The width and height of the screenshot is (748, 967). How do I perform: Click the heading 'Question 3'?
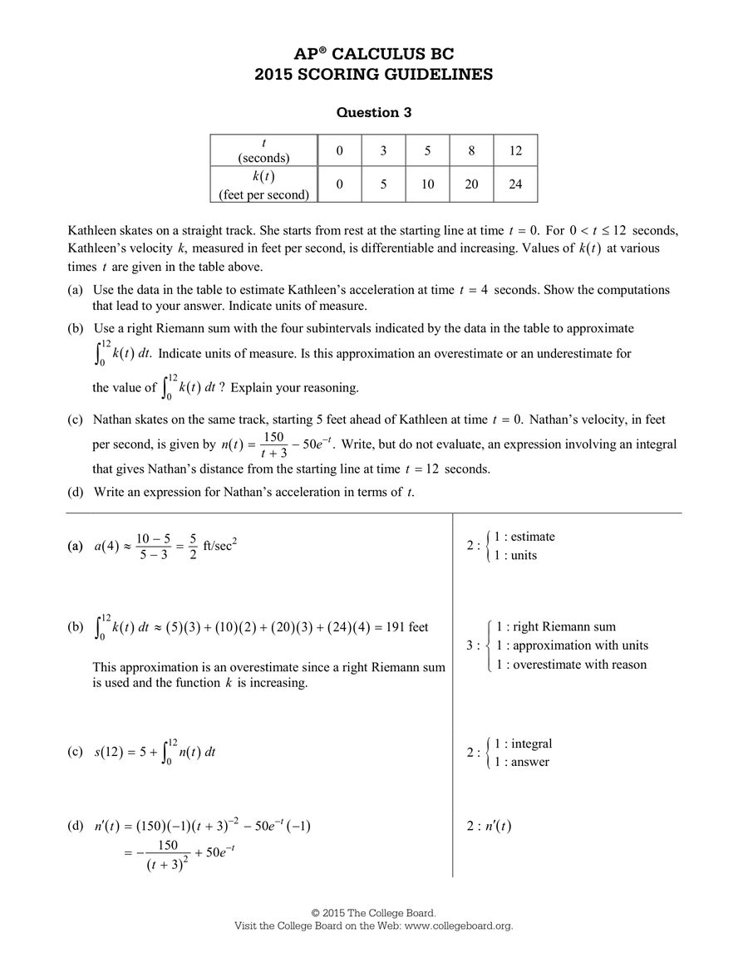pyautogui.click(x=373, y=112)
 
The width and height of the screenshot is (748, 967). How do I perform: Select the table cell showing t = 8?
pyautogui.click(x=471, y=150)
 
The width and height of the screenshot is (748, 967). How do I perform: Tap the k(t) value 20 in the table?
pyautogui.click(x=471, y=184)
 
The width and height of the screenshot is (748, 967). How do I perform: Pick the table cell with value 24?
pyautogui.click(x=515, y=184)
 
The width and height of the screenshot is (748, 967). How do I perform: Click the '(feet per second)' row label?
pyautogui.click(x=263, y=195)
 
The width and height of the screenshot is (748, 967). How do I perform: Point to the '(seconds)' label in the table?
pyautogui.click(x=263, y=158)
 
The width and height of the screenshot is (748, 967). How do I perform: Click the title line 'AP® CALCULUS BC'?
pyautogui.click(x=373, y=54)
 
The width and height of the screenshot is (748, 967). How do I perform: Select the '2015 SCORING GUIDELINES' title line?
pyautogui.click(x=373, y=75)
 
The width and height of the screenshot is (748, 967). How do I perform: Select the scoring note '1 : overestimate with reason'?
pyautogui.click(x=571, y=664)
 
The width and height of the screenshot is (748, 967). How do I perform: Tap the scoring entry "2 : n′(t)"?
pyautogui.click(x=490, y=826)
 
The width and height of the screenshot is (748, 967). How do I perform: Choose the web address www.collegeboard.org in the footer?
pyautogui.click(x=458, y=925)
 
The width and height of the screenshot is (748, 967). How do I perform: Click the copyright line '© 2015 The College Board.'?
pyautogui.click(x=373, y=912)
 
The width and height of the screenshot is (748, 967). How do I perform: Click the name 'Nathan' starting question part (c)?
pyautogui.click(x=113, y=420)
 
